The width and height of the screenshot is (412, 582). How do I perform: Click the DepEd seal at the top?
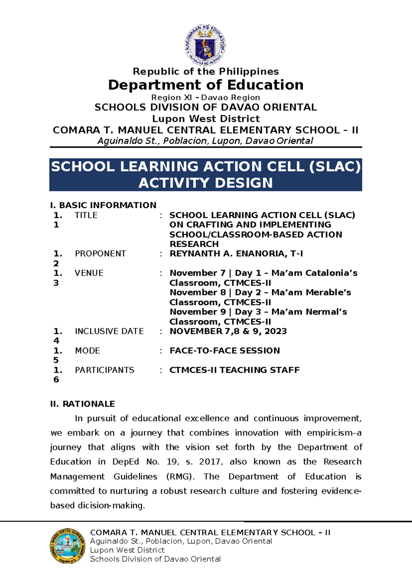coord(205,45)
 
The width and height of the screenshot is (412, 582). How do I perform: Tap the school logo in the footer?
coord(67,546)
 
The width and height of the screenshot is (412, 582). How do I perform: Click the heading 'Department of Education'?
coord(206,85)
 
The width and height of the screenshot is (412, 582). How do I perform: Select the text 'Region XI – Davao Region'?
coord(206,97)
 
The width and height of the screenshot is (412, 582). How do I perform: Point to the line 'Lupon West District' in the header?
coord(206,119)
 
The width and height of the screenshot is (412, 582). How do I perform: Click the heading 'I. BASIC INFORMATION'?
coord(103,205)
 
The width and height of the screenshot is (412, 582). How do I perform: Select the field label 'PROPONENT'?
coord(100,254)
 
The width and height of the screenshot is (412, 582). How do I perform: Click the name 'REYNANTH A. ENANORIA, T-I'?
coord(236,254)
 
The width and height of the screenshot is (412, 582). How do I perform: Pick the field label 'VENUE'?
coord(89,273)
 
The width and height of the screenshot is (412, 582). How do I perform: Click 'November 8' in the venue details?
coord(198,292)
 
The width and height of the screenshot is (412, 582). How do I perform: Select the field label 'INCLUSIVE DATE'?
coord(109,331)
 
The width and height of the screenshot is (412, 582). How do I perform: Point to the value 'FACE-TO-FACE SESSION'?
coord(225,351)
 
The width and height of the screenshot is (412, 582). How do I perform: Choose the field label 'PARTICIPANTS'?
coord(104,370)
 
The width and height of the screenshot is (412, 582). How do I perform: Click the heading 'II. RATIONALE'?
coord(82,404)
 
